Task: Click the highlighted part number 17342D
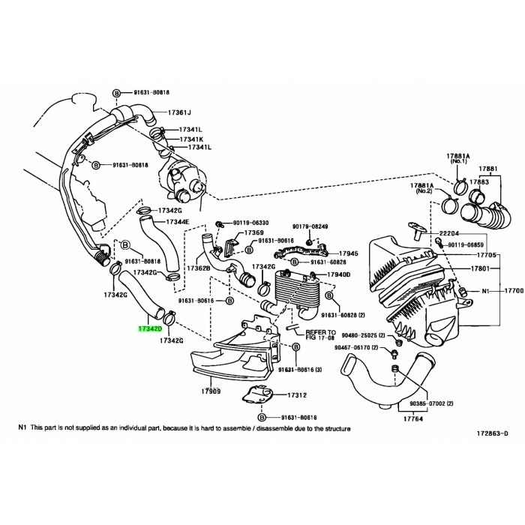[147, 328]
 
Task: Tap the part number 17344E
[177, 222]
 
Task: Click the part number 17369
[253, 233]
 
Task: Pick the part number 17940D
[337, 274]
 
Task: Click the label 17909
[211, 390]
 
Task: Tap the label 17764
[391, 418]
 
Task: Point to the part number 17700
[513, 290]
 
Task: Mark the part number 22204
[451, 233]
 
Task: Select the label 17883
[479, 182]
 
